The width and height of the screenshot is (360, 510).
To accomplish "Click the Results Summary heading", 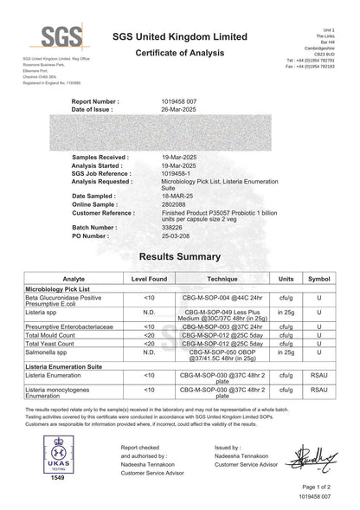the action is pos(180,257).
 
